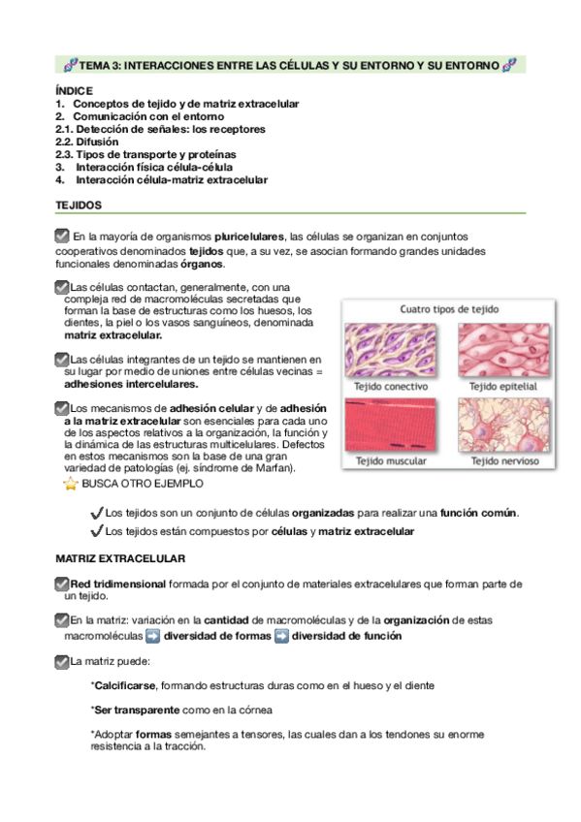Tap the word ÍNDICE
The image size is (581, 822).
[74, 90]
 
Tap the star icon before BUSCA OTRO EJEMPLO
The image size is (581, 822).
[70, 482]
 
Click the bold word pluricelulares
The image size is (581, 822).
[250, 237]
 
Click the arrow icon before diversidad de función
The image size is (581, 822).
[281, 637]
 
